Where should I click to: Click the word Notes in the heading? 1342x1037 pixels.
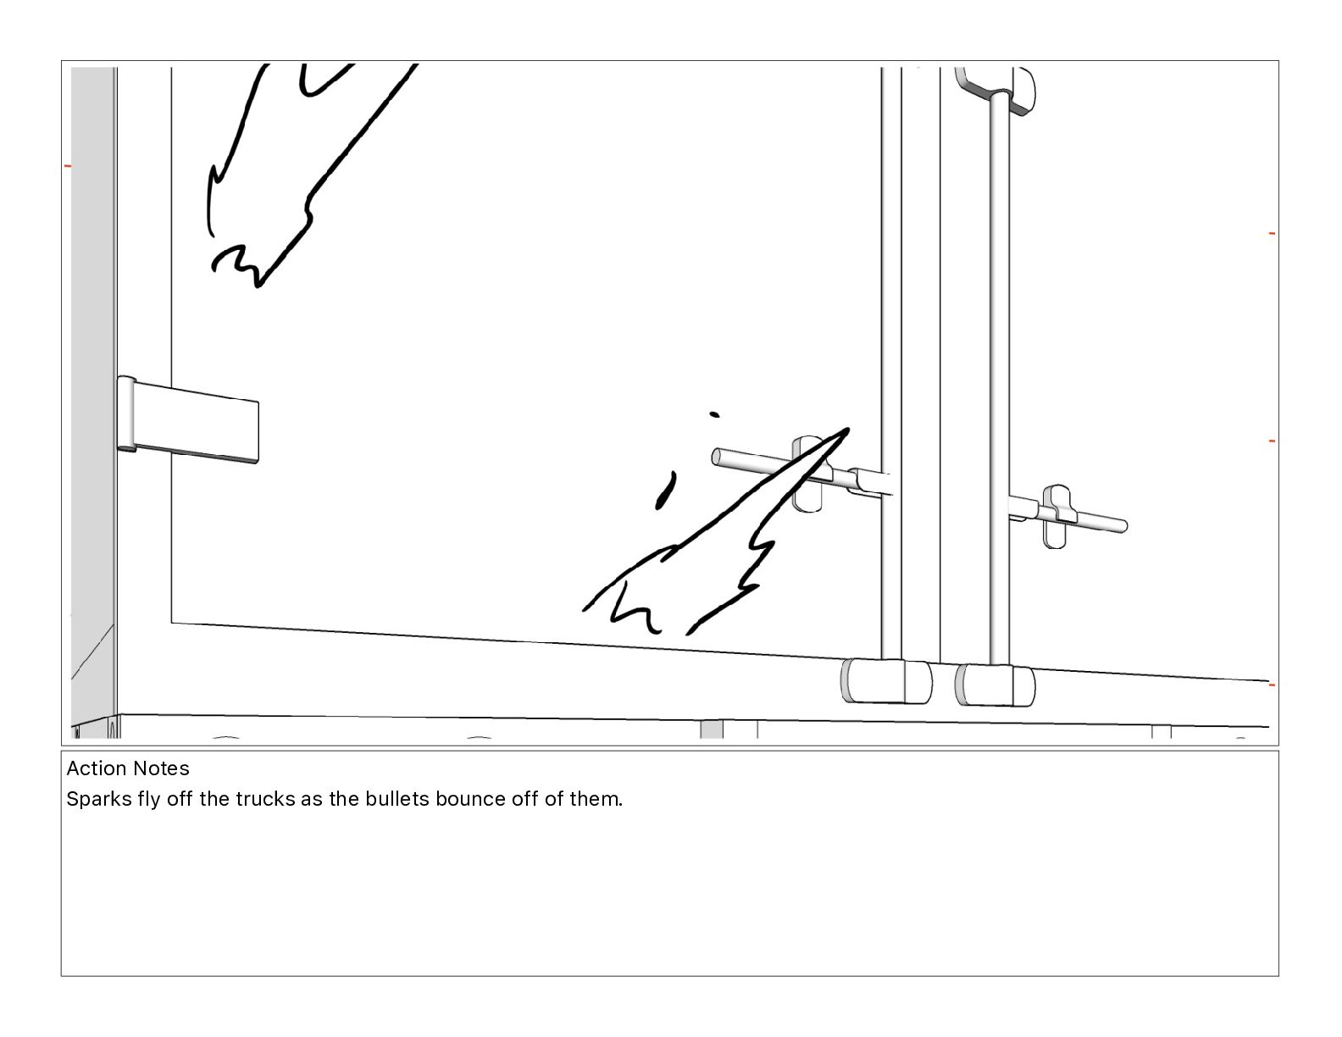click(x=158, y=768)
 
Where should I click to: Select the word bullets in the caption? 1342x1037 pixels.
click(x=397, y=799)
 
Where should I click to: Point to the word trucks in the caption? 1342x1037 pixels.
click(x=265, y=799)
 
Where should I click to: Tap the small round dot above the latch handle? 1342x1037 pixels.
click(x=714, y=414)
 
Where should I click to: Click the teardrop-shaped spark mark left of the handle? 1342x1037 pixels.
click(x=665, y=491)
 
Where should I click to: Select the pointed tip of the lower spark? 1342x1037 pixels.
click(x=848, y=430)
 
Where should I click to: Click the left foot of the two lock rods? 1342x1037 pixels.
click(x=886, y=681)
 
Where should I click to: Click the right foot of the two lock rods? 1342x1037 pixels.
click(x=995, y=685)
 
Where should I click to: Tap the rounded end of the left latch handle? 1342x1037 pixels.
click(x=717, y=457)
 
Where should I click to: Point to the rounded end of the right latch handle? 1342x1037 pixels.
click(x=1122, y=525)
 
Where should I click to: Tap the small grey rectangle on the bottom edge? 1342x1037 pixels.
click(x=712, y=729)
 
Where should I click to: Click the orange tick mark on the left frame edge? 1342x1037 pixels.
click(x=68, y=165)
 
